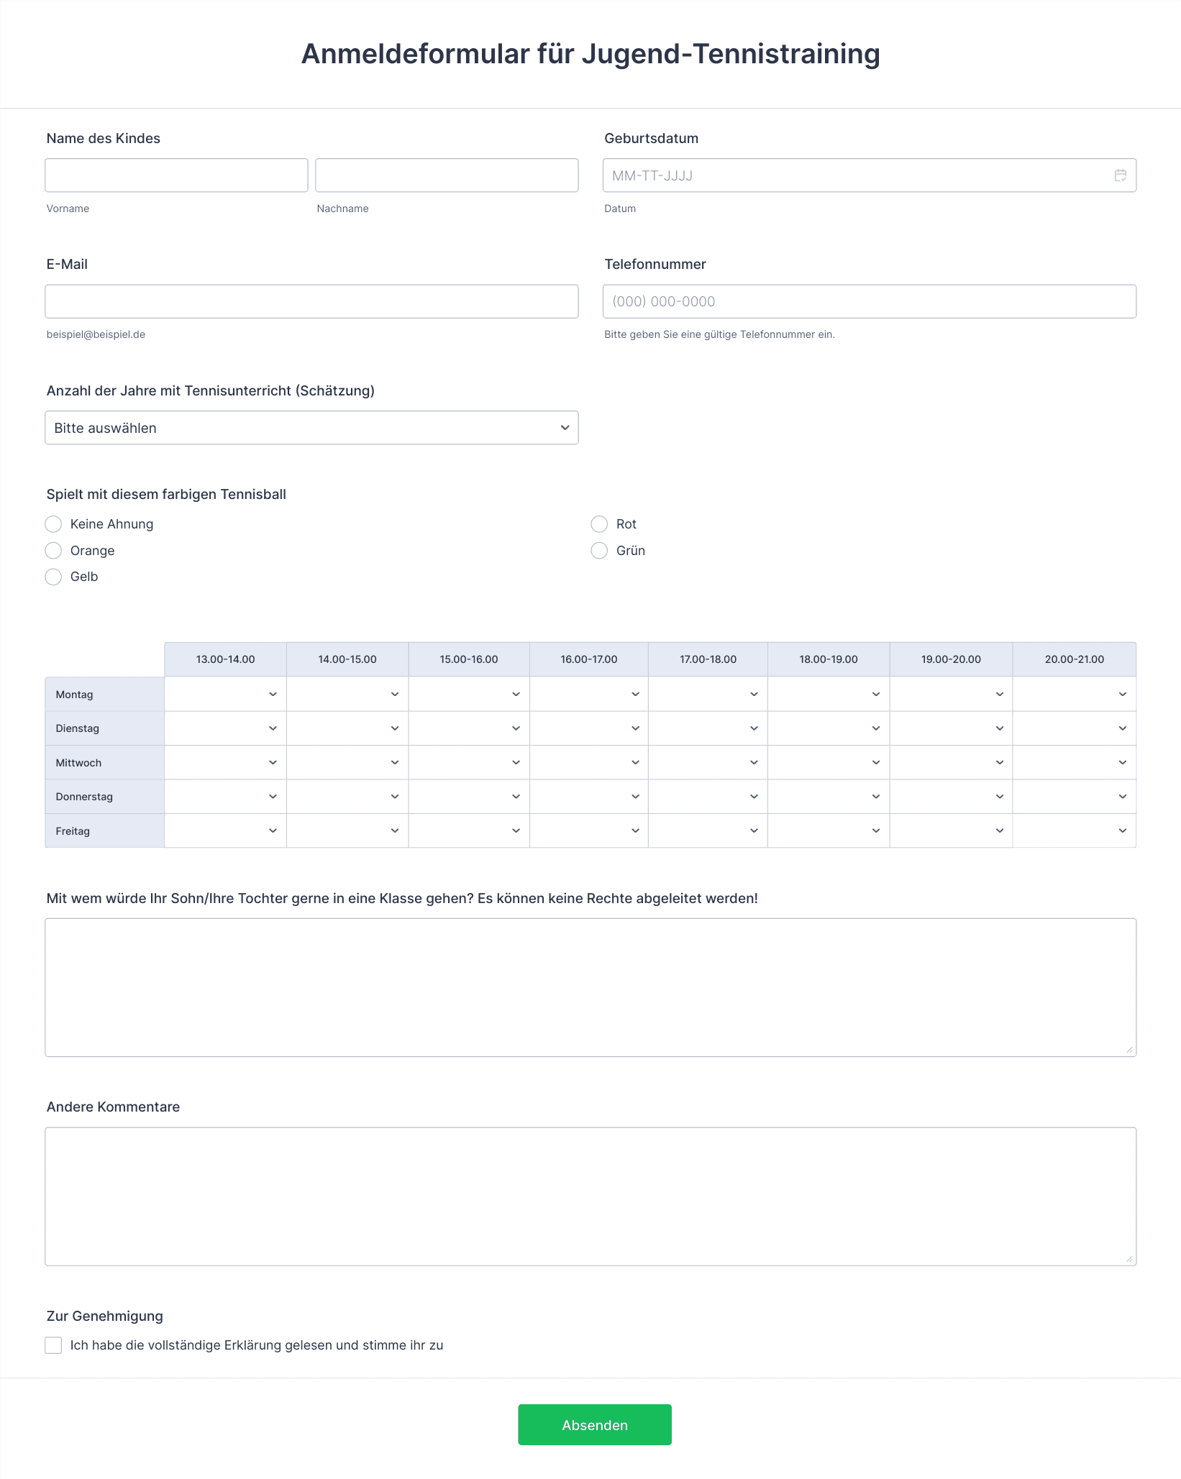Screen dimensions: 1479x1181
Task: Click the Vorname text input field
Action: point(176,175)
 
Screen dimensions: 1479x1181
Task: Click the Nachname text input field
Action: point(447,175)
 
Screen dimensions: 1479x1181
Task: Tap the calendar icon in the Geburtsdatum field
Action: point(1120,175)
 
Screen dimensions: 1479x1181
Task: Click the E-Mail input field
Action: point(311,301)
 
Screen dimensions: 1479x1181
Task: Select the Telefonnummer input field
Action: point(869,301)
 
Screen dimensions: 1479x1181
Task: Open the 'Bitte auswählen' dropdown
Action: point(311,428)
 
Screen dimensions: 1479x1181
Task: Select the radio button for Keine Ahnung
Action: point(53,524)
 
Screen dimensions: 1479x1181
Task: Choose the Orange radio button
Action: point(53,551)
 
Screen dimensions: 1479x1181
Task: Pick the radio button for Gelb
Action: point(53,577)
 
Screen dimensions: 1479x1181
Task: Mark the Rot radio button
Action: point(599,524)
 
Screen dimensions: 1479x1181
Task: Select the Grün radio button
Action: point(599,551)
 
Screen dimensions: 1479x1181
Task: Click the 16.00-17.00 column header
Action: point(589,659)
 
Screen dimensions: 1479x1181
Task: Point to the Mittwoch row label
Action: point(79,763)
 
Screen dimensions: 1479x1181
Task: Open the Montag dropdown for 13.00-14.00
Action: point(226,695)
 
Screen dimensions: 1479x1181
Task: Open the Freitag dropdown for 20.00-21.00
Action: point(1075,831)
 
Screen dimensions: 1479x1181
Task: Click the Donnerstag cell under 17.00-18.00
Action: point(708,797)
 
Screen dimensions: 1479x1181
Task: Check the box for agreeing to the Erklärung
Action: point(53,1345)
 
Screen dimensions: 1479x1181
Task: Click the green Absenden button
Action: point(595,1425)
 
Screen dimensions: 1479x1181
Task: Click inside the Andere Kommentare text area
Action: point(590,1196)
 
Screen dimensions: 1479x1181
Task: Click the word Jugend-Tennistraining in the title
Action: point(731,54)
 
